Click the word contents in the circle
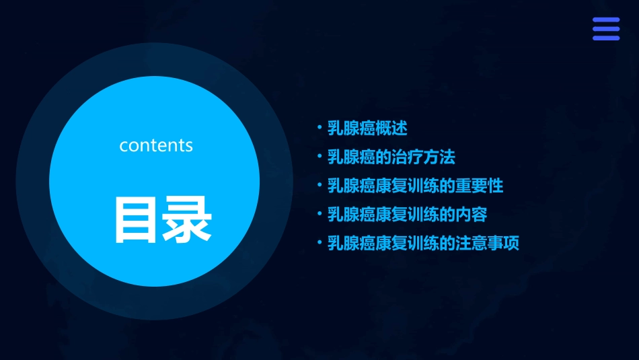(156, 145)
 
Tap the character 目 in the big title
(137, 220)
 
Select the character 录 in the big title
(187, 220)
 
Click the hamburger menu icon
(605, 29)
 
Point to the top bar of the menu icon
(605, 20)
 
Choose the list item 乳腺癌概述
(367, 128)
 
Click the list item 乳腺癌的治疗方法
(391, 157)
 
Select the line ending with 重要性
(415, 186)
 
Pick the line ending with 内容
(407, 215)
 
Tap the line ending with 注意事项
(423, 243)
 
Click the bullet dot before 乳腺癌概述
(319, 127)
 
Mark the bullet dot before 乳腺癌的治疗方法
(319, 157)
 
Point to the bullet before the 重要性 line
(319, 185)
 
